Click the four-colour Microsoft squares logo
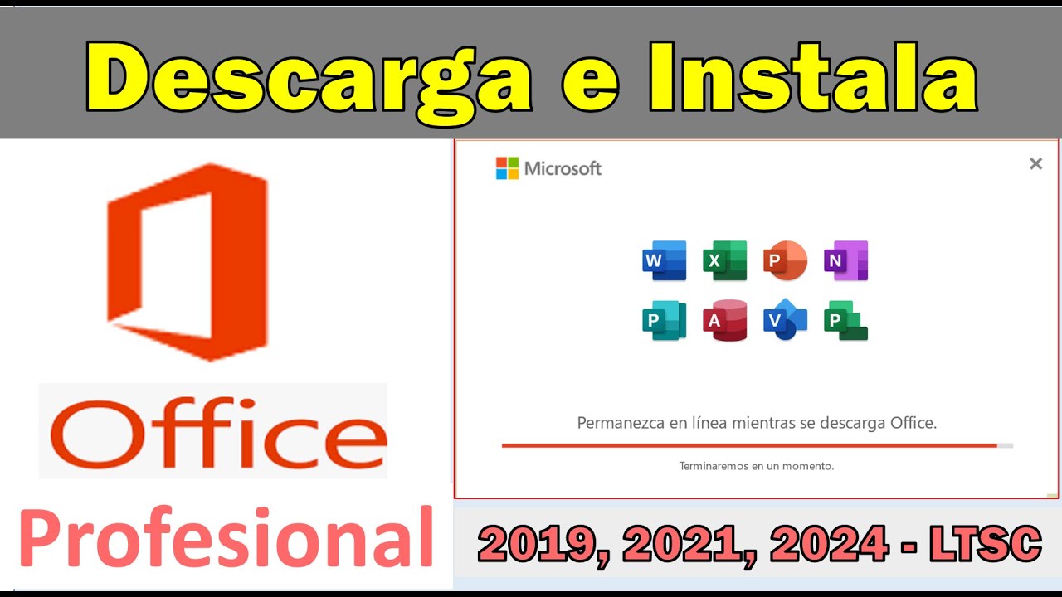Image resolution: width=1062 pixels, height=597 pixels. (x=507, y=168)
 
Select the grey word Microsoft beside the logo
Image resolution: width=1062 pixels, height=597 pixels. (x=563, y=169)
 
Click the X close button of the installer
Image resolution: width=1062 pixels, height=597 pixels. (x=1035, y=164)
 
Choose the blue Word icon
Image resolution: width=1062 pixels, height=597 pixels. (x=665, y=261)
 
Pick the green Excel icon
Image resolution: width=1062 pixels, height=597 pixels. (x=724, y=261)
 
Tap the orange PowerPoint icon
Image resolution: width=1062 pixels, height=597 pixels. (x=785, y=261)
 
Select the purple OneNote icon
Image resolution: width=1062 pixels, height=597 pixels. (x=845, y=261)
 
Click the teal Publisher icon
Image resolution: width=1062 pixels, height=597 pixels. (x=665, y=321)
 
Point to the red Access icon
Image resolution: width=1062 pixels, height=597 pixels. (x=724, y=321)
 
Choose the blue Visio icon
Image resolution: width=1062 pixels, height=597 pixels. (x=785, y=321)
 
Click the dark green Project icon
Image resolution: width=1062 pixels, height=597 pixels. (x=845, y=321)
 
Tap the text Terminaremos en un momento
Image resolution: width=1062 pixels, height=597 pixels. (x=757, y=466)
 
